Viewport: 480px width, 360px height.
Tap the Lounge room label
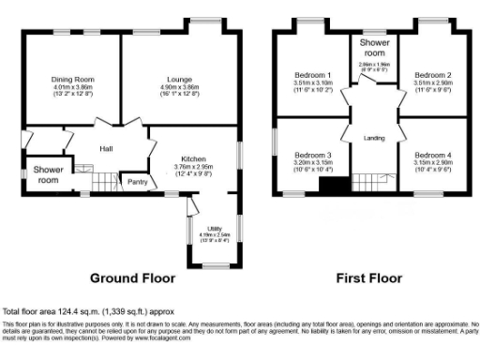click(179, 80)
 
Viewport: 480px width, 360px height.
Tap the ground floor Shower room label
click(48, 174)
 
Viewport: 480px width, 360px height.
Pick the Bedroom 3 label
click(313, 155)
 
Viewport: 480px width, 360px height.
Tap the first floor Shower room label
click(373, 47)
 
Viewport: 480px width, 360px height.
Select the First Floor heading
click(371, 278)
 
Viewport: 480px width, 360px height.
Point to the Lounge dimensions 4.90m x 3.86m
click(179, 88)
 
